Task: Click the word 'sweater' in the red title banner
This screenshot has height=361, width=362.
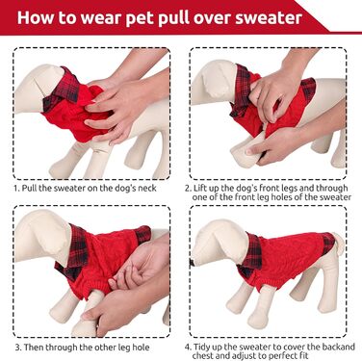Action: [x=269, y=17]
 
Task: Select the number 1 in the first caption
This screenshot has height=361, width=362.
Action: [x=16, y=188]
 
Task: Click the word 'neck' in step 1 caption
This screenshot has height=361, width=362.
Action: [x=146, y=188]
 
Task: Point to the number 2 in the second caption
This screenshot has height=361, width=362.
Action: [x=188, y=188]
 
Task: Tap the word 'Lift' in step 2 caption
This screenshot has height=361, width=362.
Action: [x=200, y=188]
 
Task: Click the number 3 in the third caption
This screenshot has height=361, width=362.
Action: [x=18, y=348]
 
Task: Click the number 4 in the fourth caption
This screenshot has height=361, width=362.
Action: [x=188, y=348]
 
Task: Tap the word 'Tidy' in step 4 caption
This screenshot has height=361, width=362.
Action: [x=202, y=348]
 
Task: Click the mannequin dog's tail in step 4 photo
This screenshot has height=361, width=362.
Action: [x=338, y=242]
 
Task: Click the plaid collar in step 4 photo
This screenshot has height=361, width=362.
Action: [x=249, y=254]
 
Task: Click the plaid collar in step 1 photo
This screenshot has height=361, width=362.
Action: [x=62, y=89]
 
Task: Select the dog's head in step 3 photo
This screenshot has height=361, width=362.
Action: [x=42, y=236]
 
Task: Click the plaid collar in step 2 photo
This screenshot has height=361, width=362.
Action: [x=241, y=90]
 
